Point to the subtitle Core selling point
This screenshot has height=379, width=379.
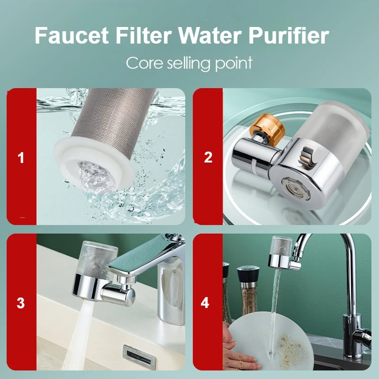pyautogui.click(x=189, y=63)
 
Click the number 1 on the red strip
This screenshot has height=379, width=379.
pyautogui.click(x=21, y=158)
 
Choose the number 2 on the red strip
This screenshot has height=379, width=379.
pyautogui.click(x=208, y=158)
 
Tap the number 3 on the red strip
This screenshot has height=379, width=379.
pyautogui.click(x=21, y=303)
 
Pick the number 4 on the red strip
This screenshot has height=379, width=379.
pyautogui.click(x=205, y=303)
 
